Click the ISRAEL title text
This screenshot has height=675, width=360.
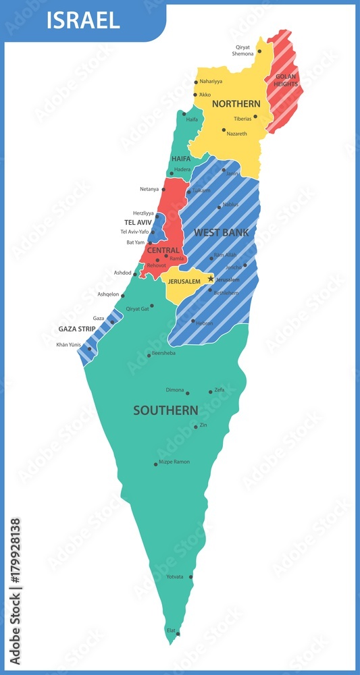pyautogui.click(x=83, y=20)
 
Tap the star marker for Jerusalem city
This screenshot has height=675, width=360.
pyautogui.click(x=211, y=278)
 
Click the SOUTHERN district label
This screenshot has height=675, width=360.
pyautogui.click(x=165, y=410)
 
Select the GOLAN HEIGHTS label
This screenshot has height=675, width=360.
pyautogui.click(x=286, y=80)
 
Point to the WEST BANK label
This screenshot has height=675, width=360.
pyautogui.click(x=221, y=233)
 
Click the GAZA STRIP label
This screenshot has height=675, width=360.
pyautogui.click(x=76, y=329)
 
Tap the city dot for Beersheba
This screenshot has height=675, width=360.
pyautogui.click(x=149, y=355)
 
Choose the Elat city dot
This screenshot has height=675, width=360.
pyautogui.click(x=178, y=634)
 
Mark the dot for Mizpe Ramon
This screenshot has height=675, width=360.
pyautogui.click(x=155, y=464)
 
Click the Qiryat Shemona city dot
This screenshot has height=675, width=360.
pyautogui.click(x=259, y=51)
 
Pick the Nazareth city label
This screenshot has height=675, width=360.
pyautogui.click(x=237, y=134)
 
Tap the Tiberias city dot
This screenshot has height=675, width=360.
pyautogui.click(x=255, y=116)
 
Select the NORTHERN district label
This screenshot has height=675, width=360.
pyautogui.click(x=236, y=104)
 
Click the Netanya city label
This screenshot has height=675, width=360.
pyautogui.click(x=149, y=189)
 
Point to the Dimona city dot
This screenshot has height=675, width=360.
pyautogui.click(x=187, y=393)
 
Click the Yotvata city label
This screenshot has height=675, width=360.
pyautogui.click(x=175, y=576)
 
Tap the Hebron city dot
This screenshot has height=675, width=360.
pyautogui.click(x=193, y=321)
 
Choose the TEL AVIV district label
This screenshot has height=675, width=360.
pyautogui.click(x=138, y=222)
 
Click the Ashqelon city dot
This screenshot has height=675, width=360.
pyautogui.click(x=122, y=295)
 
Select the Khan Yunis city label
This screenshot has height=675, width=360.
pyautogui.click(x=69, y=345)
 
